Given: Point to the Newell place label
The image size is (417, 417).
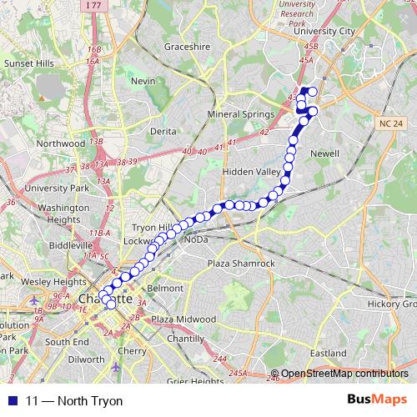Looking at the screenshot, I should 324,153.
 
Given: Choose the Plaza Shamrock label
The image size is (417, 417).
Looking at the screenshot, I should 241,264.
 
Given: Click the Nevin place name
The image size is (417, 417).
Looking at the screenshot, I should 143,81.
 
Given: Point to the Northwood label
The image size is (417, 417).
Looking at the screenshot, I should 61,143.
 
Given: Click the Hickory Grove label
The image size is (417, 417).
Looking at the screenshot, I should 393,304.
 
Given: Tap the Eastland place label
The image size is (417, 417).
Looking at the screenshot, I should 327,353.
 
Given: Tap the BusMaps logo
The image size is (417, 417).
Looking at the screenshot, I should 376,400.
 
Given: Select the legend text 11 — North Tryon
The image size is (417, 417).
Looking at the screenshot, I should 73,401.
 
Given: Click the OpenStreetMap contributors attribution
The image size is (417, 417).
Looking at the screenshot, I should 344,374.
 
